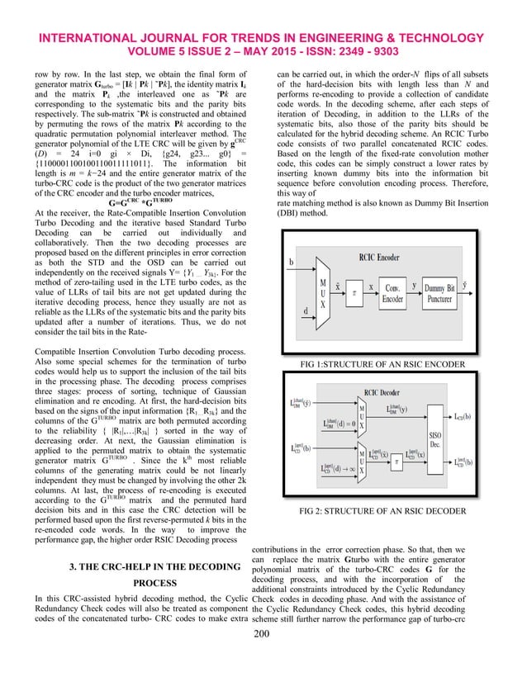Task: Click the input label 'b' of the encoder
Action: [x=290, y=263]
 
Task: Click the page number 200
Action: [x=263, y=656]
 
